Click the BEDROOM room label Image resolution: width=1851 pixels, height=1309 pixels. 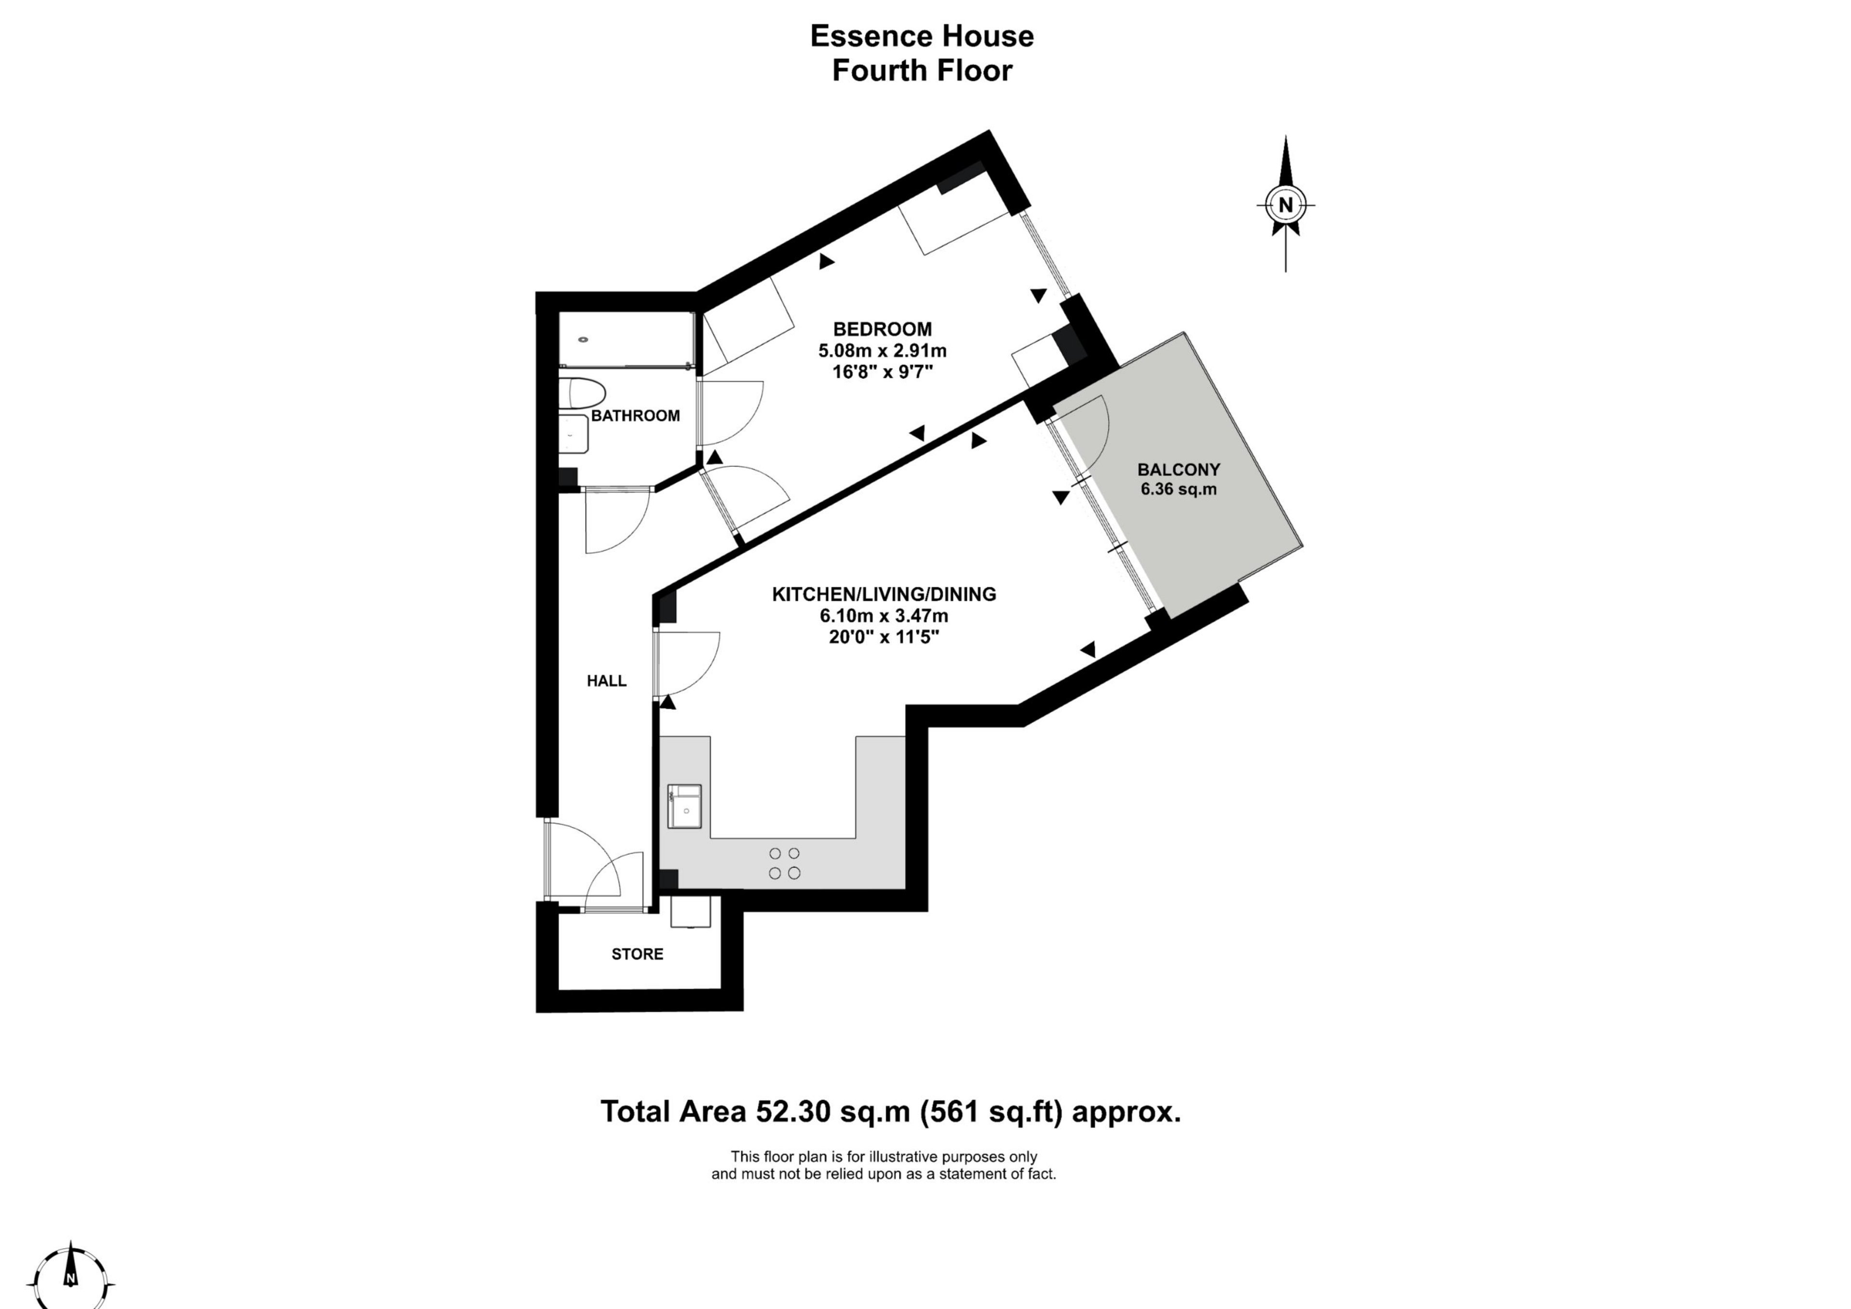pyautogui.click(x=882, y=329)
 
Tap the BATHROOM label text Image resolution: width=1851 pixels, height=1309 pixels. pyautogui.click(x=635, y=416)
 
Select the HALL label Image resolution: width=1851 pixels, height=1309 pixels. pyautogui.click(x=606, y=681)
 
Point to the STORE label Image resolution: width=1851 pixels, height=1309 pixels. pyautogui.click(x=637, y=954)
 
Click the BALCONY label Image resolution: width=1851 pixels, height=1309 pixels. pyautogui.click(x=1179, y=470)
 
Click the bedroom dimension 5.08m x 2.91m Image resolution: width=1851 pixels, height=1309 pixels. pyautogui.click(x=882, y=351)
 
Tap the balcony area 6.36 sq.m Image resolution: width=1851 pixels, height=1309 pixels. pyautogui.click(x=1179, y=489)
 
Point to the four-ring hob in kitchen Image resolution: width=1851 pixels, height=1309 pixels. pyautogui.click(x=784, y=863)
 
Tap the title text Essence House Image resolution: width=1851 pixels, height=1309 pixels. pyautogui.click(x=922, y=36)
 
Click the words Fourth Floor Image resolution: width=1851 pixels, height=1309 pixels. pyautogui.click(x=922, y=71)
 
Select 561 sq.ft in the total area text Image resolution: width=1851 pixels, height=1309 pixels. pyautogui.click(x=993, y=1112)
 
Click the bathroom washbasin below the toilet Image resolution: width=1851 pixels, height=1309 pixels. pyautogui.click(x=574, y=434)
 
